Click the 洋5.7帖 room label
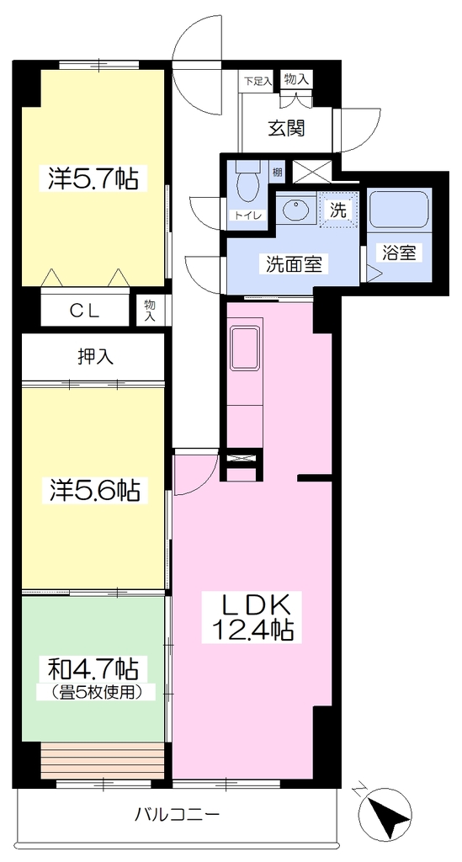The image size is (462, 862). pyautogui.click(x=93, y=178)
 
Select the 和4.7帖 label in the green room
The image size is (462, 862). pyautogui.click(x=93, y=669)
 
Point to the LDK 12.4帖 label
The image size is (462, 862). pyautogui.click(x=253, y=617)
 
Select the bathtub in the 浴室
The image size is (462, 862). pyautogui.click(x=399, y=210)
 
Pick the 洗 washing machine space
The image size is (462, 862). pyautogui.click(x=338, y=209)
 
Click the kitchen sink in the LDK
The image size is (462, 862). pyautogui.click(x=244, y=349)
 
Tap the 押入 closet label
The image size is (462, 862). pyautogui.click(x=95, y=357)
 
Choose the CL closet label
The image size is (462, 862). pyautogui.click(x=84, y=311)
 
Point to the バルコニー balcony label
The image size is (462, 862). pyautogui.click(x=178, y=813)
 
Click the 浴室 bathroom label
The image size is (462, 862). pyautogui.click(x=400, y=253)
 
